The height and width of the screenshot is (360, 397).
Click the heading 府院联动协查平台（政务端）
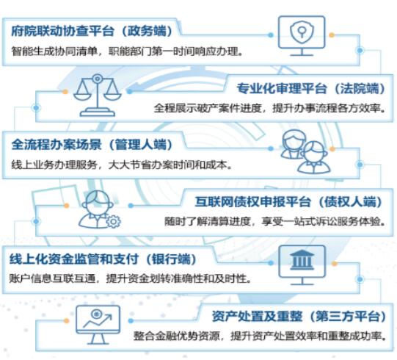click(x=92, y=31)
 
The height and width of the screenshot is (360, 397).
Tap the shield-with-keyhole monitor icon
click(x=302, y=36)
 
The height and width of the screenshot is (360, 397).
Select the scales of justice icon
click(x=97, y=96)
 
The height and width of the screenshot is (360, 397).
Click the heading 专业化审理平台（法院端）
click(x=311, y=88)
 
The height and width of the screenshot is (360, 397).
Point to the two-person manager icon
click(x=305, y=151)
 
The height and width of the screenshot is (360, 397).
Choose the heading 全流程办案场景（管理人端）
click(x=92, y=145)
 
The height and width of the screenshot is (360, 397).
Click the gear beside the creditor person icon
click(x=113, y=221)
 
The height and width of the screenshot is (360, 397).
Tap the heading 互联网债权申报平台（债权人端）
click(x=289, y=202)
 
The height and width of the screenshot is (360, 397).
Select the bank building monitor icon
click(x=302, y=265)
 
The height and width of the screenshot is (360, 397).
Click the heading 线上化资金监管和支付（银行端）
click(x=103, y=259)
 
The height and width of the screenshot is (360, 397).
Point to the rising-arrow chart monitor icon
click(x=98, y=325)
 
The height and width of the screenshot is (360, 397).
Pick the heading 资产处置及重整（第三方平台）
click(x=299, y=317)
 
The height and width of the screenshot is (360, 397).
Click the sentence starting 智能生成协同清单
click(x=128, y=51)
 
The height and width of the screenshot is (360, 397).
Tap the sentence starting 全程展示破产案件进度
click(x=270, y=109)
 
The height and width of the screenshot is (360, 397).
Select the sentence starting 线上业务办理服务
click(x=122, y=165)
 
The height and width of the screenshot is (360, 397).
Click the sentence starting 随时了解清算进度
click(x=275, y=222)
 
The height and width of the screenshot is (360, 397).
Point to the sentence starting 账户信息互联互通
click(x=131, y=278)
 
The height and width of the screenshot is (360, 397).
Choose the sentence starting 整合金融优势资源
click(x=260, y=336)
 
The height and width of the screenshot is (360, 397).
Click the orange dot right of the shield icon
click(x=332, y=35)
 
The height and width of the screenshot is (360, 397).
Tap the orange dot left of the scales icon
click(x=65, y=92)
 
